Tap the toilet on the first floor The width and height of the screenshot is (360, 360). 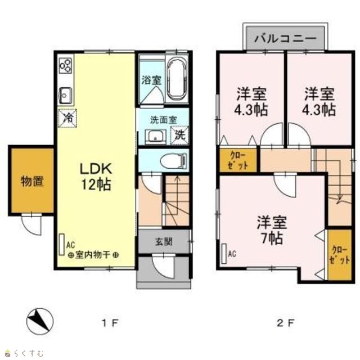(x=174, y=160)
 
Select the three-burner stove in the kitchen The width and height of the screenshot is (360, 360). (x=66, y=65)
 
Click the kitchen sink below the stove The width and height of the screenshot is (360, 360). (x=66, y=95)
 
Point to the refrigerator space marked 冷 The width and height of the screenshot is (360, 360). (x=67, y=118)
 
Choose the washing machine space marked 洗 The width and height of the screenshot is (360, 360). (x=179, y=135)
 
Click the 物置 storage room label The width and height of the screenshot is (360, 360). (x=32, y=181)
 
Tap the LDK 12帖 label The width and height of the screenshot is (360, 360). (x=96, y=177)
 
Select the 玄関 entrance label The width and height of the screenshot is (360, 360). (x=164, y=241)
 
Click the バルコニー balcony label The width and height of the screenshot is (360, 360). (x=285, y=38)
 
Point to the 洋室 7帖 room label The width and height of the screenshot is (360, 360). (x=272, y=230)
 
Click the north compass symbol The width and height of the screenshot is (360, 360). (x=40, y=321)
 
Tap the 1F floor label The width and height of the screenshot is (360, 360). (x=110, y=323)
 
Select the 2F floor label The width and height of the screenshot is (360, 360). (x=285, y=323)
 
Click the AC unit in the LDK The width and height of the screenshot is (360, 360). (x=61, y=245)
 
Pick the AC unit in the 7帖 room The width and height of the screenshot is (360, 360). (x=224, y=254)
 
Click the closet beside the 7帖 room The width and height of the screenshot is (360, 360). (x=339, y=255)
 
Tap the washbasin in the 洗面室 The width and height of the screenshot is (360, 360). (x=155, y=137)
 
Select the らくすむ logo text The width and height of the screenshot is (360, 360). (x=29, y=353)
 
